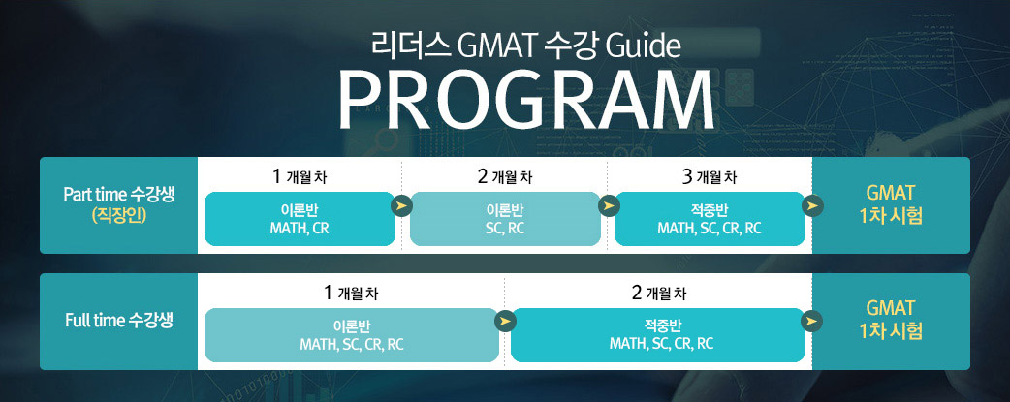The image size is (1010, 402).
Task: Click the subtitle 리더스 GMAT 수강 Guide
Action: (x=525, y=46)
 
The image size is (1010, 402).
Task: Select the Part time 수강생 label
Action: (x=118, y=195)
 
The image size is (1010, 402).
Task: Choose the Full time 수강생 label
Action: (x=119, y=321)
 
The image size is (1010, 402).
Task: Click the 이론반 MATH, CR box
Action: (x=300, y=219)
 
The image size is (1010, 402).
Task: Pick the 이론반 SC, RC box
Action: (x=505, y=219)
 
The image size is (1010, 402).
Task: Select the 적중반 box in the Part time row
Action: (x=710, y=219)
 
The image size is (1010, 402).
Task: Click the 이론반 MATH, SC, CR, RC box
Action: (x=352, y=335)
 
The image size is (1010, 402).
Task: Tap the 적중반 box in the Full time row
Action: (x=658, y=335)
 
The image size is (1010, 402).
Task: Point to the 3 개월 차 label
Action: (x=710, y=177)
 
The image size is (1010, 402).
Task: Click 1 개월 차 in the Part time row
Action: (x=300, y=177)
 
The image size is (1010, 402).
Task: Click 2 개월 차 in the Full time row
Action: (x=659, y=294)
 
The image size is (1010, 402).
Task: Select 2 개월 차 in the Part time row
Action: (x=505, y=177)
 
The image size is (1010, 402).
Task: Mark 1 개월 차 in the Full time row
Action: (x=352, y=294)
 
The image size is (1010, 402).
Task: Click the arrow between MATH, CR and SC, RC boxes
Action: (x=402, y=206)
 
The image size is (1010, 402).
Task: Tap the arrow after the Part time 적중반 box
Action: (x=813, y=206)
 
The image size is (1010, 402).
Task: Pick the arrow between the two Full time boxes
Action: (x=505, y=321)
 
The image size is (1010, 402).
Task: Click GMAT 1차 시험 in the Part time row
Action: (x=891, y=203)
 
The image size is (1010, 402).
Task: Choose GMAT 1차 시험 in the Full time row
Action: (x=891, y=320)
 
